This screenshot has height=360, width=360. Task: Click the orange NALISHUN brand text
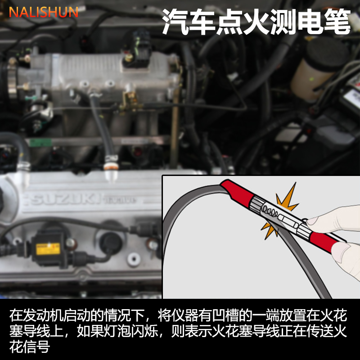tap(43, 12)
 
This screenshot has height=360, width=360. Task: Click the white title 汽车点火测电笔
tap(256, 22)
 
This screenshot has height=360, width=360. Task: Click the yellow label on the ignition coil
tap(48, 249)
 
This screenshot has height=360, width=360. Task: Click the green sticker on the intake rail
tap(40, 143)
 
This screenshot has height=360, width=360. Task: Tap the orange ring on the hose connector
tap(111, 167)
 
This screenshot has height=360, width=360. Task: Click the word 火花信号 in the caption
tap(30, 346)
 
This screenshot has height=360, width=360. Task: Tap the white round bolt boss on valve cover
tap(134, 260)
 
